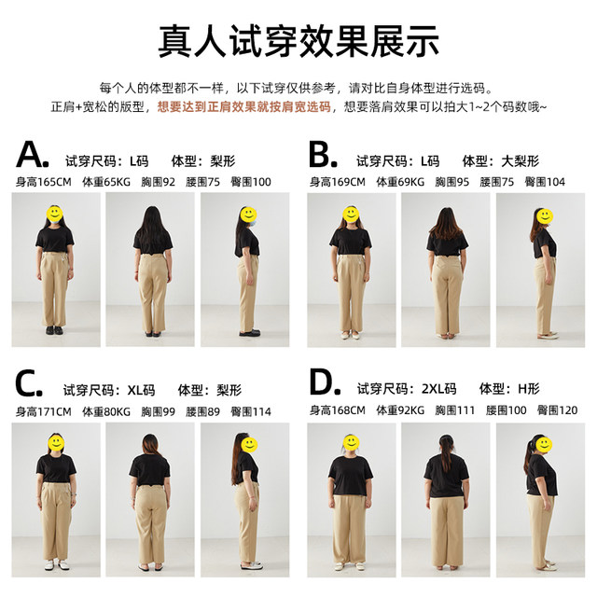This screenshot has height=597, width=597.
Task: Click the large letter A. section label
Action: coord(33,155)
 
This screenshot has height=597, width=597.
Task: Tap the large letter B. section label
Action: coord(323,155)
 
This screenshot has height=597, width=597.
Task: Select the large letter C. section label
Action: coord(29,383)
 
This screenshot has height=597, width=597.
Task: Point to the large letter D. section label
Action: coord(325,382)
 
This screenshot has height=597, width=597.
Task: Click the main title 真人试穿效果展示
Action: coord(298,41)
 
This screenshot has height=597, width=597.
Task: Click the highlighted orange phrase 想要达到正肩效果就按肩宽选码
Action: coord(244,107)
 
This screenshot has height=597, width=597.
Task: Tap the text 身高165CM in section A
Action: coord(44,182)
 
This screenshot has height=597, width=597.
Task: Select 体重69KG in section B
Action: coord(400,182)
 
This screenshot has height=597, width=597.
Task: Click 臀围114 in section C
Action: coord(251,411)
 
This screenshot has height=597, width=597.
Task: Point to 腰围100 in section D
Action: coord(506,410)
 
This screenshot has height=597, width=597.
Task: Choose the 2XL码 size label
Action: coord(439,389)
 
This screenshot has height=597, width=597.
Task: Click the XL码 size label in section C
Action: coord(141,390)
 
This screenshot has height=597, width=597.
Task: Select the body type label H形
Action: coord(529,389)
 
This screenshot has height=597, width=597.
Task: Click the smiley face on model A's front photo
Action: coord(54,214)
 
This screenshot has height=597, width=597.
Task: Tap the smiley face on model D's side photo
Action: coord(544,444)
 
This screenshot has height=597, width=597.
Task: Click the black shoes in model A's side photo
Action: coord(250,333)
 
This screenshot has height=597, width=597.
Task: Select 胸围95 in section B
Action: coord(451,182)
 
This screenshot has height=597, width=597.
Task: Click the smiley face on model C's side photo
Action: coord(249,445)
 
